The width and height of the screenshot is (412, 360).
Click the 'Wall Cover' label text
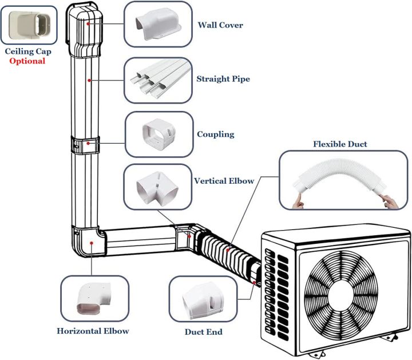coord(220,25)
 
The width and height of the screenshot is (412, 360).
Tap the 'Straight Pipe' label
coord(223,78)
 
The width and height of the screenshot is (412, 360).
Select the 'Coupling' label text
coord(215,134)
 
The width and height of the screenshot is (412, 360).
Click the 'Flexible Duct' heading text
coord(340,144)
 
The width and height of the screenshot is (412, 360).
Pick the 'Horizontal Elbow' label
coord(93,331)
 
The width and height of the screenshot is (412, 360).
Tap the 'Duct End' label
coord(203,331)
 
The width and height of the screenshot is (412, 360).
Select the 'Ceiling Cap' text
coord(28,52)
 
